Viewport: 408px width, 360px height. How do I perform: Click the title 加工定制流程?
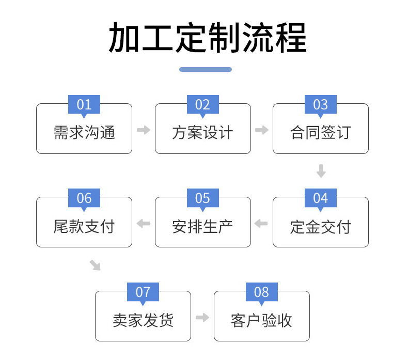[x=207, y=38]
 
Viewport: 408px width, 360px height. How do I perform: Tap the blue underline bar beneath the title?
[x=205, y=69]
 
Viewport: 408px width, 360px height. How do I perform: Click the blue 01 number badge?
[x=84, y=105]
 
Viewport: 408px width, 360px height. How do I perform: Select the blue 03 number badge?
[x=320, y=105]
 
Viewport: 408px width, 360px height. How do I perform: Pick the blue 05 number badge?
[x=202, y=198]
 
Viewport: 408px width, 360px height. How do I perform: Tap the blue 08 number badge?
[x=261, y=292]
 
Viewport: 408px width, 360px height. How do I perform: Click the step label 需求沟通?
[x=84, y=133]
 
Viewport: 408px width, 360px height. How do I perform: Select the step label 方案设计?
[x=202, y=133]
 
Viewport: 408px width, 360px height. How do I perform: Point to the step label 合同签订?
[x=320, y=133]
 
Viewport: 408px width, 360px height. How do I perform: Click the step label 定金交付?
[x=320, y=227]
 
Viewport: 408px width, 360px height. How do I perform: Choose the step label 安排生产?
[x=202, y=226]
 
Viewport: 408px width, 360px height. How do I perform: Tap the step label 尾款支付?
[x=84, y=226]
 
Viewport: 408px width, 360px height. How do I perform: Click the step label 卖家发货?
[x=143, y=320]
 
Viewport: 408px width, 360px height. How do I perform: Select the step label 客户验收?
[x=261, y=320]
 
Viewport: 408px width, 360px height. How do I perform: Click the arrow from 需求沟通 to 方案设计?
[x=144, y=130]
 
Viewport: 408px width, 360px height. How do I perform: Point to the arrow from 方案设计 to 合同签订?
[x=262, y=130]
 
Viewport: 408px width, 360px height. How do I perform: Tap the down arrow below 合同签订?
[x=321, y=171]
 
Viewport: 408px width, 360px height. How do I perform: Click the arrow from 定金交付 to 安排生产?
[x=261, y=224]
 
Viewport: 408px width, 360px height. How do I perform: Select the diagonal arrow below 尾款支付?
[x=95, y=265]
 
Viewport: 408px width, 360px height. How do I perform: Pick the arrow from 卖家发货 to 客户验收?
[x=202, y=318]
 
